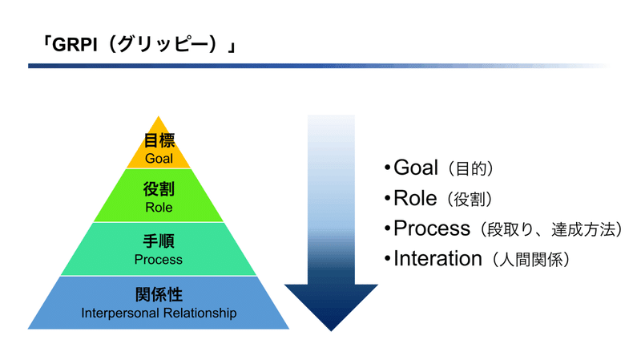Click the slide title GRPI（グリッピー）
[x=139, y=44]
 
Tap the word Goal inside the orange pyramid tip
[x=159, y=158]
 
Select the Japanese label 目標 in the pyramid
[x=159, y=141]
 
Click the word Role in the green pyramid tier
[x=159, y=207]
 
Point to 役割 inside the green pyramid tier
[x=159, y=189]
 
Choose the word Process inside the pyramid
[x=159, y=259]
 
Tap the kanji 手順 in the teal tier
[x=159, y=241]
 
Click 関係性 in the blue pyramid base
[x=159, y=294]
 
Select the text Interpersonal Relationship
[x=159, y=313]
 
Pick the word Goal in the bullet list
[x=416, y=168]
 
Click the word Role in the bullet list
[x=415, y=198]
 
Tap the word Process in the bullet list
[x=432, y=229]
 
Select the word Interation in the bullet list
[x=437, y=258]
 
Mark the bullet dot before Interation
[x=388, y=259]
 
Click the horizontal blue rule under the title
[x=319, y=66]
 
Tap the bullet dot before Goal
[x=388, y=168]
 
